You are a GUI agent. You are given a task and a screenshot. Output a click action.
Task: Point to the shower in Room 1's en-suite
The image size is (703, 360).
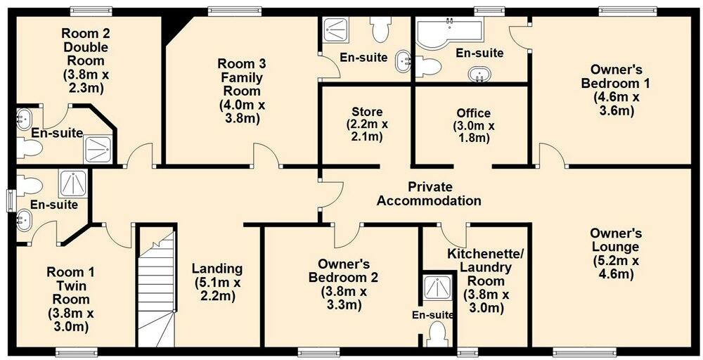coord(72,184)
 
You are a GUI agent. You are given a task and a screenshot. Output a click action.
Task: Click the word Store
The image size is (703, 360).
coord(366,112)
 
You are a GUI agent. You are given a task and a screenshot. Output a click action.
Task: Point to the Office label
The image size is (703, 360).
coord(473,113)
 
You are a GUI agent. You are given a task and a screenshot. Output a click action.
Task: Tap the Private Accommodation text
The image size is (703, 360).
coord(429,193)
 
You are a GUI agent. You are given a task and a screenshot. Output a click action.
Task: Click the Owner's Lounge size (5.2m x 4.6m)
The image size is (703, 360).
coord(614,267)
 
